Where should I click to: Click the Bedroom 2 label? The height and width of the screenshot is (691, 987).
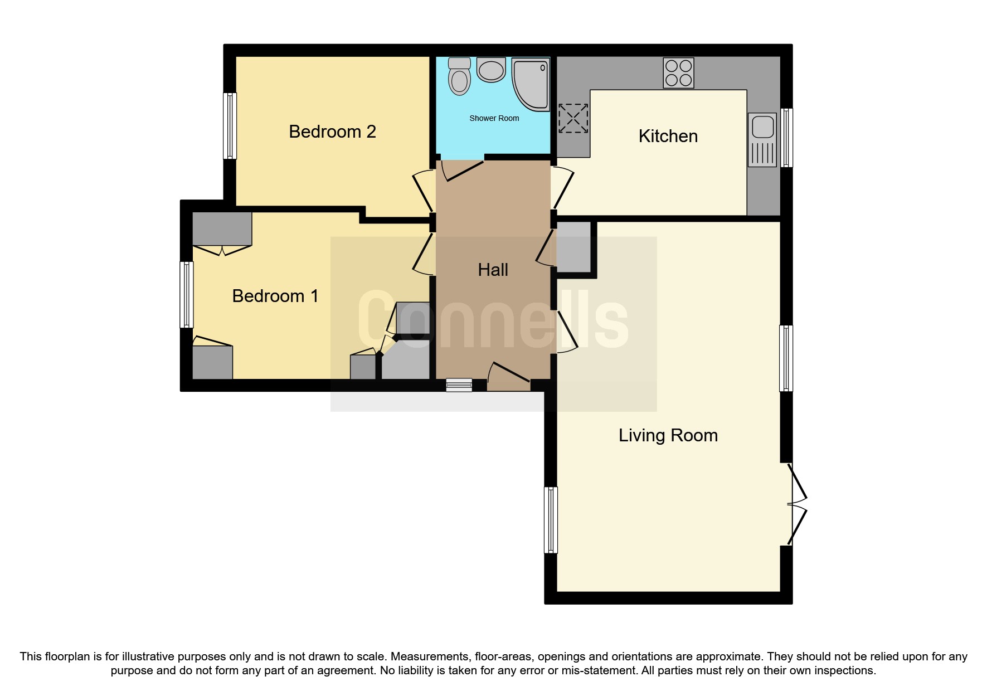point(332,132)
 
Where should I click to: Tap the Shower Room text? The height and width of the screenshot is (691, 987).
point(494,118)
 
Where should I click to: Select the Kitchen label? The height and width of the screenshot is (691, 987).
point(668,136)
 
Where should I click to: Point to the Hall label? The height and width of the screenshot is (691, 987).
point(493,270)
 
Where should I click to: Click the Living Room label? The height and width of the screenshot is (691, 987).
point(668,435)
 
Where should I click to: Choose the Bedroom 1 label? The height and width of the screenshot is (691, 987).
point(275,296)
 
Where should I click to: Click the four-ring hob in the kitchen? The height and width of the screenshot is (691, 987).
point(678,73)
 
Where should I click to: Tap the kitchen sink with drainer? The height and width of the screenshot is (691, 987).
point(762,139)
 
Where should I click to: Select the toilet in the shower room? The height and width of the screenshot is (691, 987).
point(459,76)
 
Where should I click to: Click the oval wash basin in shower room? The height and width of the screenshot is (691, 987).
point(491,71)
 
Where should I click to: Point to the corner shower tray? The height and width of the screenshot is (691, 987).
point(531,82)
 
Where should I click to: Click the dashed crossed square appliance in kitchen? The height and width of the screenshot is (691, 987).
point(573,118)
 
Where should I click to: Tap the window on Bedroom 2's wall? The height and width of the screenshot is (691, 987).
point(230,126)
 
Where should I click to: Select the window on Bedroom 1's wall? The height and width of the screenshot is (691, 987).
point(186,295)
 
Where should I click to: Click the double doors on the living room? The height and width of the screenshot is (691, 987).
point(797,504)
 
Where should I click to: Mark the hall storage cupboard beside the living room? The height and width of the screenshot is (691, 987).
point(573,247)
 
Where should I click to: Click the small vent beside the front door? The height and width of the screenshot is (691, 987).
point(459,385)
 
